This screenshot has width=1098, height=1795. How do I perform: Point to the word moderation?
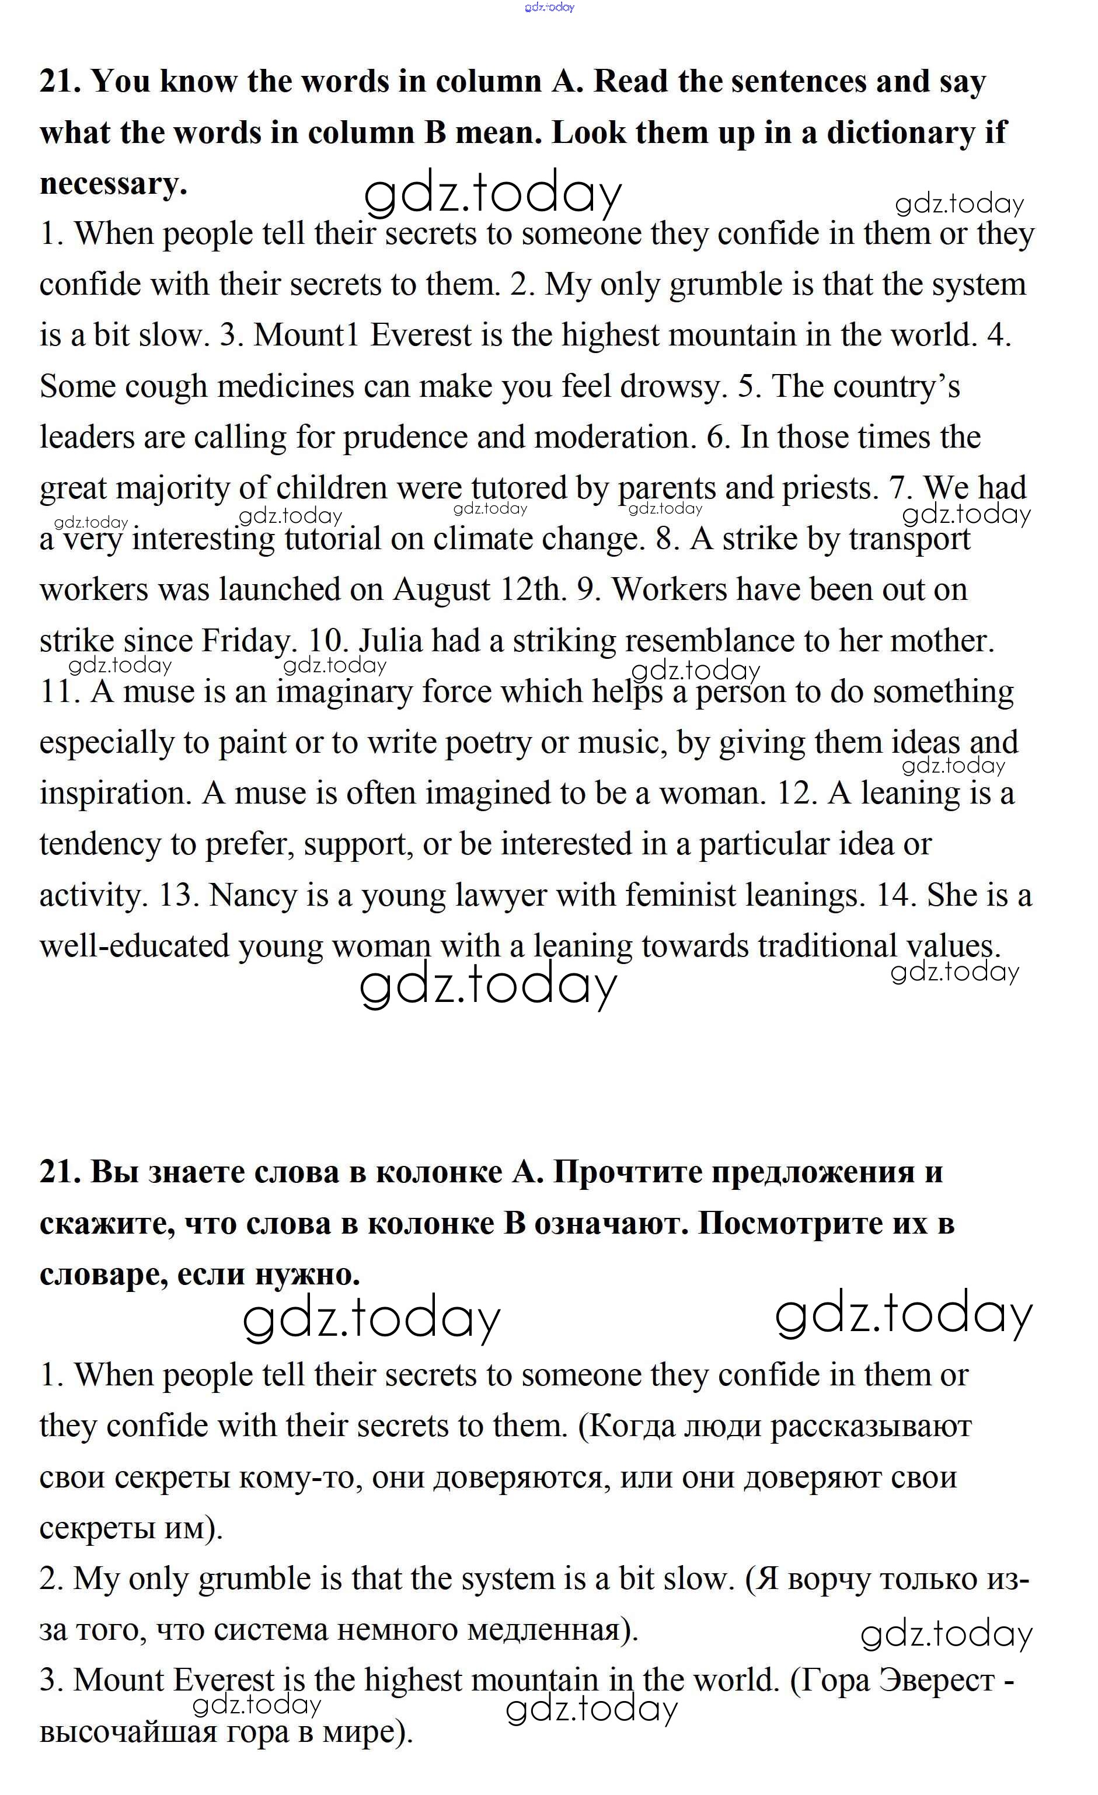coord(611,437)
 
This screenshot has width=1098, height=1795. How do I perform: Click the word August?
coord(441,589)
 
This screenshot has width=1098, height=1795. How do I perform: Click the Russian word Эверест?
coord(937,1680)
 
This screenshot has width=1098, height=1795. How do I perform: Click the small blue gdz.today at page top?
coord(549,7)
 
